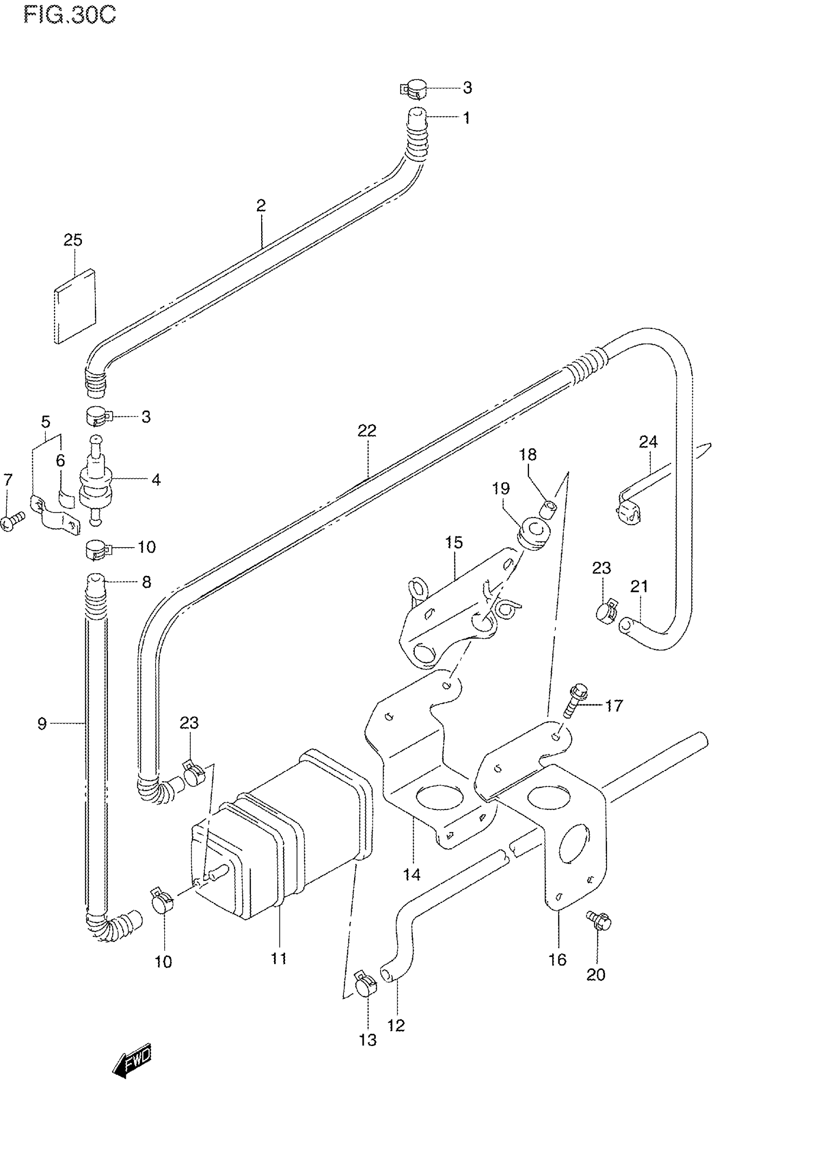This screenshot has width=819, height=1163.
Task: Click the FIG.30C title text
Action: click(69, 15)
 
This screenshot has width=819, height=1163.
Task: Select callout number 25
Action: click(73, 240)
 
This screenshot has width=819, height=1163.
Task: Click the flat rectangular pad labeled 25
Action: click(75, 306)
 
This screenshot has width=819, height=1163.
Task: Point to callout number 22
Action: click(367, 431)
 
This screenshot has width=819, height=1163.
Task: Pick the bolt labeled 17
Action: click(576, 701)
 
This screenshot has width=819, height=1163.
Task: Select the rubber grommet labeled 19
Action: click(533, 535)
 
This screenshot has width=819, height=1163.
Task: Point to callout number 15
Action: click(454, 543)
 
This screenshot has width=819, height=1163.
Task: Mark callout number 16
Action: click(557, 959)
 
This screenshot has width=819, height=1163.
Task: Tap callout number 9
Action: click(42, 724)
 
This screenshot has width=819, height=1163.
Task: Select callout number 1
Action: click(466, 118)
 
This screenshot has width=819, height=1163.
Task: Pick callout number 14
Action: click(411, 874)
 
